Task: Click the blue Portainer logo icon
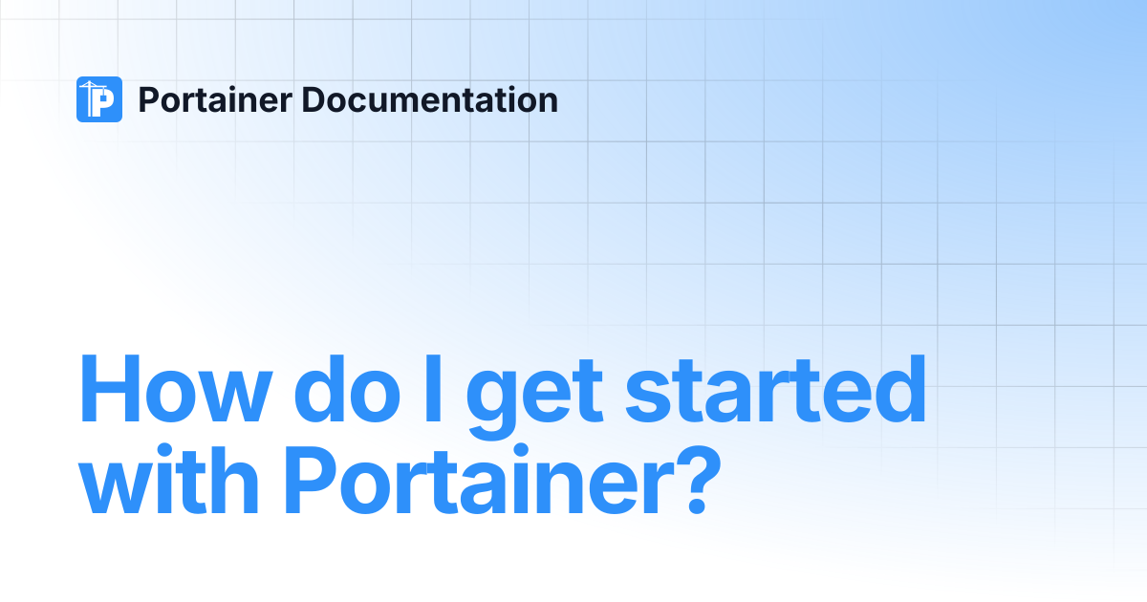(99, 99)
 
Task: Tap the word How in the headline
(175, 389)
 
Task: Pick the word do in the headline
(347, 389)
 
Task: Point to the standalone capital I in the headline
(433, 389)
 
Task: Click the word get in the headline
(534, 397)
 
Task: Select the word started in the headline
(776, 389)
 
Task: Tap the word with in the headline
(169, 479)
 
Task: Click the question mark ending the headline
(699, 479)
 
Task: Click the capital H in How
(110, 389)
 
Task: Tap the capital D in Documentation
(318, 99)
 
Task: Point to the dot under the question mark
(698, 505)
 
